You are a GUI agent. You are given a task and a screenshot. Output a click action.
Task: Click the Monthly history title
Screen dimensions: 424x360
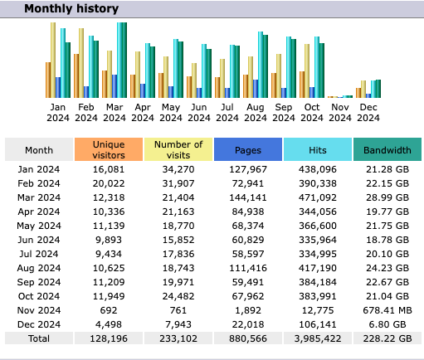(x=71, y=8)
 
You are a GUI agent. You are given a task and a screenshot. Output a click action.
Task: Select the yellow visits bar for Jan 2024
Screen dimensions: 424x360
(x=53, y=60)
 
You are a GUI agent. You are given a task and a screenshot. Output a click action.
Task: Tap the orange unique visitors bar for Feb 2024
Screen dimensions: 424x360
(x=76, y=75)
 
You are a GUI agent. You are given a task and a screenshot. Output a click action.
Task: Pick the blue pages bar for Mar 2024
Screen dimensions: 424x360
(x=115, y=86)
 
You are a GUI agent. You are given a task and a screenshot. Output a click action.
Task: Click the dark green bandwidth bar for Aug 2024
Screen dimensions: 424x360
(x=266, y=66)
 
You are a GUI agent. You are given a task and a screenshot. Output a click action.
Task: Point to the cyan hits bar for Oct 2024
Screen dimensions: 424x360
(x=317, y=67)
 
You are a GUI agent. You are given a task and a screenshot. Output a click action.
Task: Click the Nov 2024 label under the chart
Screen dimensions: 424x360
(x=340, y=113)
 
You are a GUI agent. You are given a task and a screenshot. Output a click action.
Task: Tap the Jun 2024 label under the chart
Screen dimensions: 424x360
(x=199, y=113)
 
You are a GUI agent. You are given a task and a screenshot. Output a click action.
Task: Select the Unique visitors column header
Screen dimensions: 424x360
(x=109, y=149)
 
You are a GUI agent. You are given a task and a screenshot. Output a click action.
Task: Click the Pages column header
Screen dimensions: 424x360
(x=248, y=149)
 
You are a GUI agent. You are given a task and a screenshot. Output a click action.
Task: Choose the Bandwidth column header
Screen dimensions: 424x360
(x=387, y=149)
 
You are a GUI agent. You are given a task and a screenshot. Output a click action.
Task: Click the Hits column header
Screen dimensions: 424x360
(x=318, y=149)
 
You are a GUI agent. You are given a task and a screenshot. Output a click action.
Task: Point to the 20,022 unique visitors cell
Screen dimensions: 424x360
(x=109, y=183)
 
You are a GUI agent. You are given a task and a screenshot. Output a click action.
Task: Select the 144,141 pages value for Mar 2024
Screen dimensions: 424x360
(x=248, y=197)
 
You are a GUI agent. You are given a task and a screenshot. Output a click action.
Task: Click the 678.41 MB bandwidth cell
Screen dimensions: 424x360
(x=387, y=310)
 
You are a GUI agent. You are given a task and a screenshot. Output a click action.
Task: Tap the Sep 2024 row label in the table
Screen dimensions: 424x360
(x=39, y=282)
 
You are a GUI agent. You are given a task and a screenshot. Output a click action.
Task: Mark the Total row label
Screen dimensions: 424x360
(x=39, y=338)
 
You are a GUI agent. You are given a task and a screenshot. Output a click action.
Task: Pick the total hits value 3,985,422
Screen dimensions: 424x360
(x=318, y=338)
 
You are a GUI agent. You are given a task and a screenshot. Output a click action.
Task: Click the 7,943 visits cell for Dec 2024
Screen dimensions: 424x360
(x=178, y=324)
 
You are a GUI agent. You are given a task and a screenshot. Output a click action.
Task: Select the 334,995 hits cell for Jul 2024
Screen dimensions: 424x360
(x=318, y=254)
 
